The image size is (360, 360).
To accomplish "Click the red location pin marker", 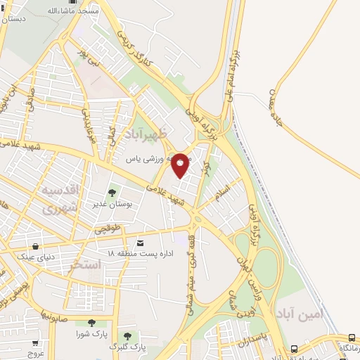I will click(181, 165).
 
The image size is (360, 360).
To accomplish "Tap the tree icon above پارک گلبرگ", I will click(128, 336).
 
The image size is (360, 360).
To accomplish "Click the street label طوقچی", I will click(113, 229).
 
